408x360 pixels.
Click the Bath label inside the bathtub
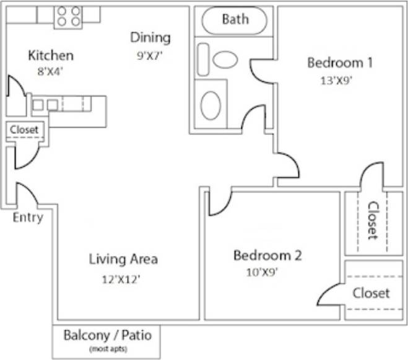pyautogui.click(x=235, y=19)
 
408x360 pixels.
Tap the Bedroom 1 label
pyautogui.click(x=339, y=63)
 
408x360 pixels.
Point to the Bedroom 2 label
pyautogui.click(x=267, y=255)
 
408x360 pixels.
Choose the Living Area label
pyautogui.click(x=123, y=259)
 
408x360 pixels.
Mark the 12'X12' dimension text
pyautogui.click(x=121, y=279)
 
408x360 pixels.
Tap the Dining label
pyautogui.click(x=150, y=38)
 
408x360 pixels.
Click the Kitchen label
pyautogui.click(x=51, y=56)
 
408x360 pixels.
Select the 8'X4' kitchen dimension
pyautogui.click(x=51, y=71)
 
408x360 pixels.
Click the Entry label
pyautogui.click(x=28, y=217)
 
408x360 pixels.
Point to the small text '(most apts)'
pyautogui.click(x=106, y=350)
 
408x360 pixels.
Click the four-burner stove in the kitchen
pyautogui.click(x=68, y=15)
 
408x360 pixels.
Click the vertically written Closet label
pyautogui.click(x=372, y=220)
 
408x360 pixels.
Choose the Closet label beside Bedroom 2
pyautogui.click(x=371, y=292)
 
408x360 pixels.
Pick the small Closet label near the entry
pyautogui.click(x=24, y=130)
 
